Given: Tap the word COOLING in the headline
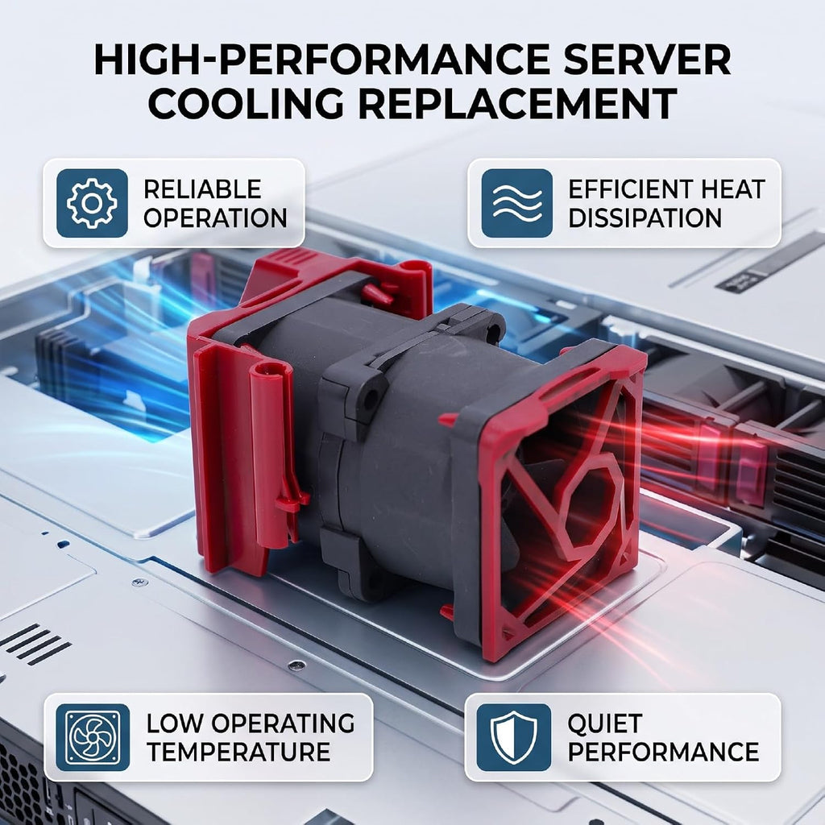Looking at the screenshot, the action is pyautogui.click(x=247, y=104).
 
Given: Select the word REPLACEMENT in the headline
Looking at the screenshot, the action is pyautogui.click(x=518, y=104).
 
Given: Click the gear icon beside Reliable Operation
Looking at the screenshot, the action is pyautogui.click(x=92, y=203).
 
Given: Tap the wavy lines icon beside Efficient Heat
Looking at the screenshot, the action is pyautogui.click(x=516, y=203).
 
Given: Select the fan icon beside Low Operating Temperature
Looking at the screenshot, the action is pyautogui.click(x=92, y=737).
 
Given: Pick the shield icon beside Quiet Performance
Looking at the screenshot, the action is pyautogui.click(x=513, y=737).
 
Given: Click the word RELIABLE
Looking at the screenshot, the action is pyautogui.click(x=202, y=189).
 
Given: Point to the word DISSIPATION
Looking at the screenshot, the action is pyautogui.click(x=645, y=218).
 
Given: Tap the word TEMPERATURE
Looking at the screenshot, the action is pyautogui.click(x=238, y=752).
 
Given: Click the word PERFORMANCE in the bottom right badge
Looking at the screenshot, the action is pyautogui.click(x=663, y=752).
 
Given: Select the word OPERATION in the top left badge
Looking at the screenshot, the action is pyautogui.click(x=215, y=218).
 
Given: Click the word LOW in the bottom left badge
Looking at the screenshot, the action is pyautogui.click(x=174, y=723).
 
